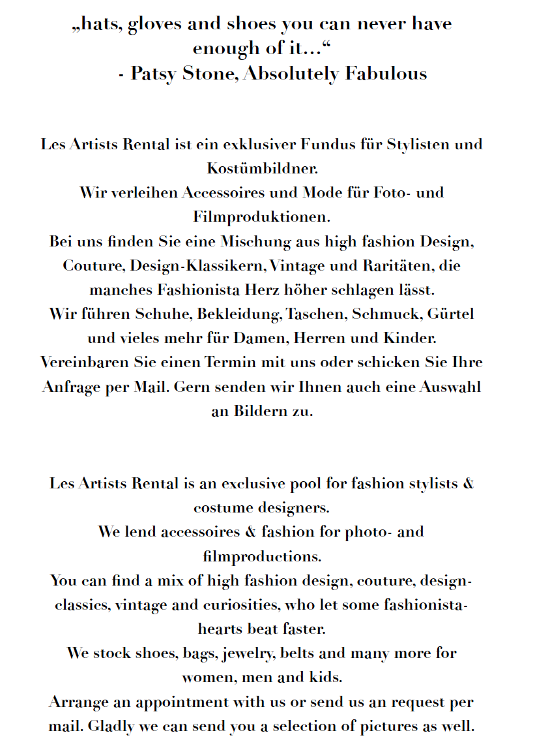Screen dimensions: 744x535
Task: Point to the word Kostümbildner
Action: click(262, 168)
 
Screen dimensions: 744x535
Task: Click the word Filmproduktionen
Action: click(262, 216)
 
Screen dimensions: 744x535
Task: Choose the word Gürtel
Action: click(450, 314)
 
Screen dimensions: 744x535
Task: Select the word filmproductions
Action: click(262, 556)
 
